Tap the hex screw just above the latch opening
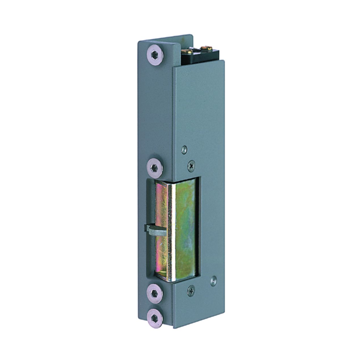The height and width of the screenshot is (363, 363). point(155,166)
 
